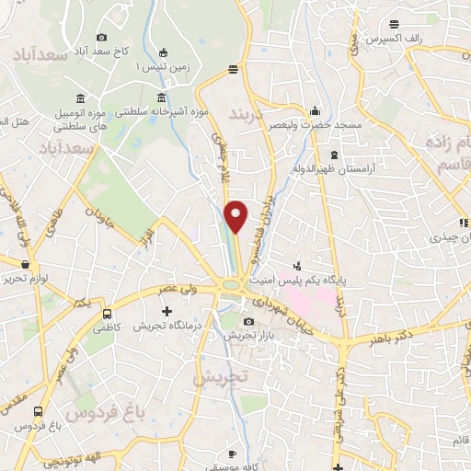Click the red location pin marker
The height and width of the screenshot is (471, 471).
tap(236, 216)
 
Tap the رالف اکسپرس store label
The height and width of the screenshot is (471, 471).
tap(393, 40)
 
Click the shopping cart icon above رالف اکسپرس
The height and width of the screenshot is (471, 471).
tap(394, 24)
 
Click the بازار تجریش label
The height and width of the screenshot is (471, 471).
tap(250, 336)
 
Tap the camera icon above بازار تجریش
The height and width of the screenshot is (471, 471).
tap(249, 321)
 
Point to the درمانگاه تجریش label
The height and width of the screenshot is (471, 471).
tap(166, 327)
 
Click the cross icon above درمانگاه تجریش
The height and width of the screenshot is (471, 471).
tap(167, 311)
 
